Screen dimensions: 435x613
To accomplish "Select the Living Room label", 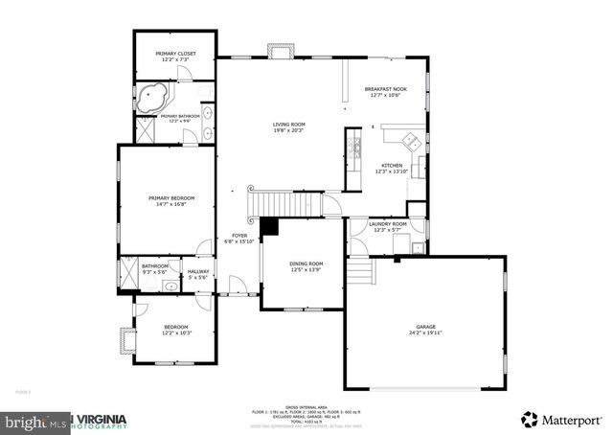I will pyautogui.click(x=288, y=126).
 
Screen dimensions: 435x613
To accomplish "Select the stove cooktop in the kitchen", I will pyautogui.click(x=355, y=148).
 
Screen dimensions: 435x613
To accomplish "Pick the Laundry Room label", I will pyautogui.click(x=389, y=226).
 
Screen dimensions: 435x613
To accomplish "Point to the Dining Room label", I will pyautogui.click(x=306, y=265).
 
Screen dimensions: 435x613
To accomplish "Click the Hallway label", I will pyautogui.click(x=198, y=274).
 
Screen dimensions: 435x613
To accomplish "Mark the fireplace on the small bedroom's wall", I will pyautogui.click(x=122, y=340).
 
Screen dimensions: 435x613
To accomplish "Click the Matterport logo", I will pyautogui.click(x=561, y=419).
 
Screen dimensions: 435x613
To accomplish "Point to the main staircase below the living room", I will pyautogui.click(x=287, y=204).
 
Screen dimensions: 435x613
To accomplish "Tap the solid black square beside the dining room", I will pyautogui.click(x=269, y=227).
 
